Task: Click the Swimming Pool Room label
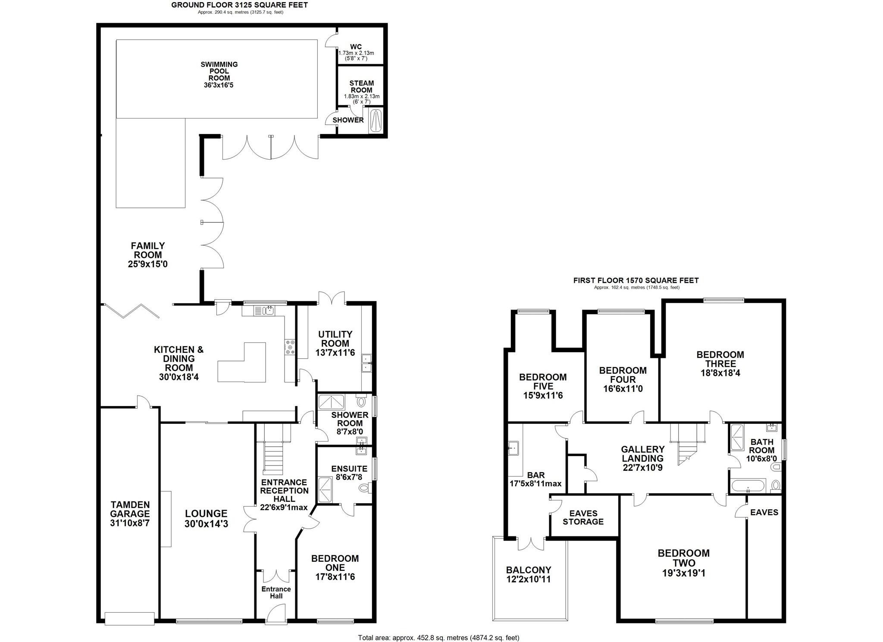tap(219, 74)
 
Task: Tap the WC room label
tap(356, 47)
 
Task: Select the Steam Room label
tap(361, 87)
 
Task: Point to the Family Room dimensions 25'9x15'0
tap(147, 264)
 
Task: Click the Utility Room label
tap(335, 339)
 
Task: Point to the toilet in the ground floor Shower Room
tap(361, 402)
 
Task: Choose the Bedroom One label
tap(335, 563)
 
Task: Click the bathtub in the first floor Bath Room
tap(748, 485)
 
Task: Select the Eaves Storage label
tap(583, 517)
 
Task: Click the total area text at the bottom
tap(438, 637)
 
